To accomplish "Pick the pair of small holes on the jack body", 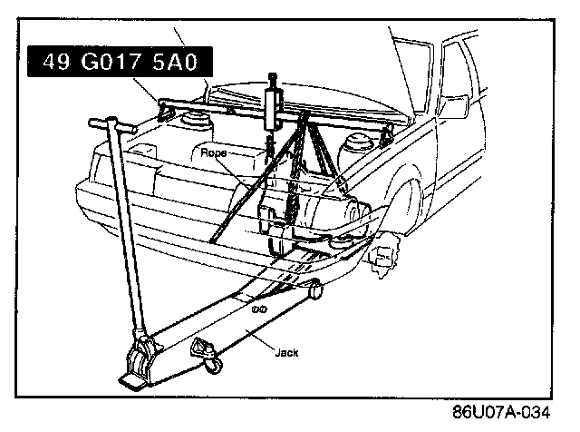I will click(258, 309).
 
